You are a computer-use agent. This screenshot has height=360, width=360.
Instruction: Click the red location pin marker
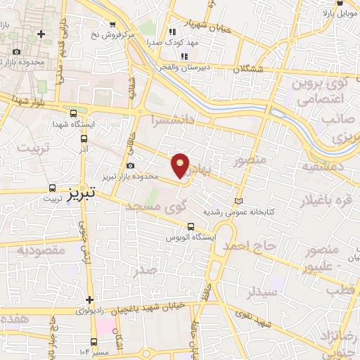(x=181, y=165)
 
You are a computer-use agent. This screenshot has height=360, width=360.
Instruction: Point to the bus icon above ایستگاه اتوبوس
(x=191, y=226)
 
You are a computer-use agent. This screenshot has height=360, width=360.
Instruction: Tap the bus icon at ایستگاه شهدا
(x=75, y=113)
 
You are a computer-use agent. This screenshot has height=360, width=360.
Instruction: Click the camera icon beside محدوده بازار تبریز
(x=131, y=165)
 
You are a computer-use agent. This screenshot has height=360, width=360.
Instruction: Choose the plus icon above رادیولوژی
(x=89, y=299)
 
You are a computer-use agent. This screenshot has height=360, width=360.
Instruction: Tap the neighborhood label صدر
(x=145, y=271)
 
